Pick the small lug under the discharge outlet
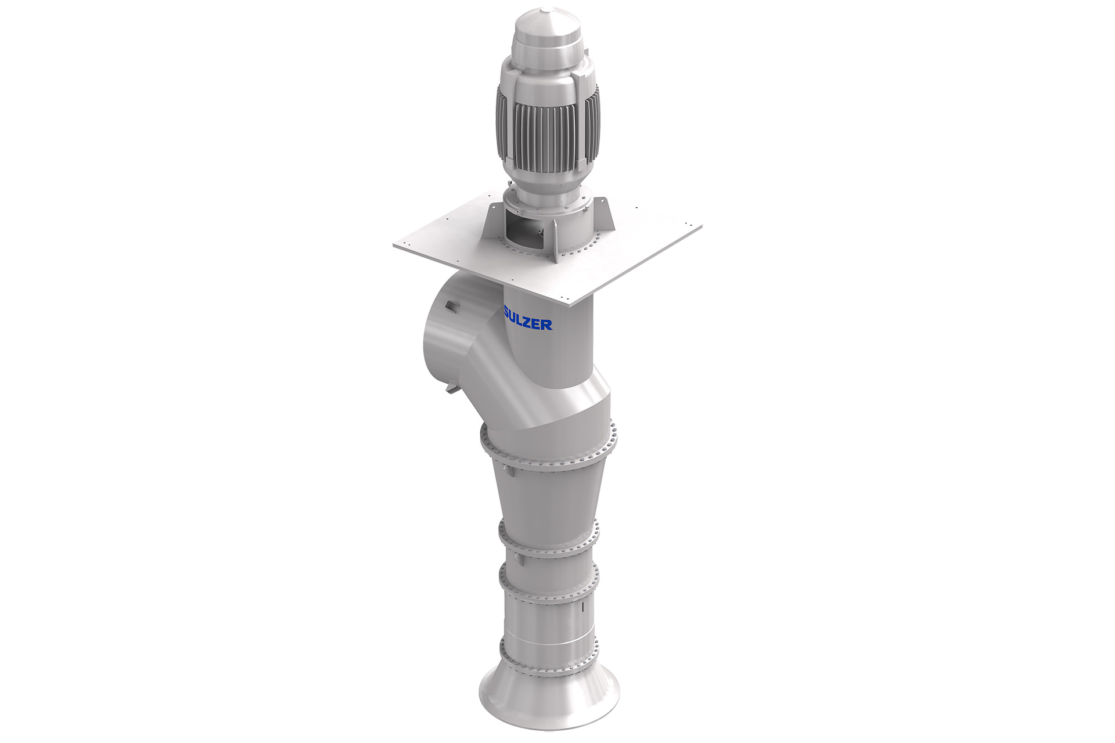(x=451, y=388)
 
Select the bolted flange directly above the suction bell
(x=549, y=659)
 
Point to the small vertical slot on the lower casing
(x=581, y=610)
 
